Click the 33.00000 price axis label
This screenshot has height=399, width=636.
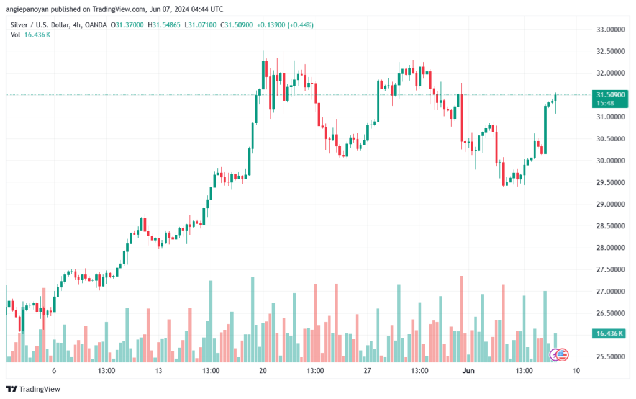[x=610, y=30]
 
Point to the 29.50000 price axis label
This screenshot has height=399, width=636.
[x=610, y=182]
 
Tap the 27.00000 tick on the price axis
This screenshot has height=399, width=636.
[x=610, y=292]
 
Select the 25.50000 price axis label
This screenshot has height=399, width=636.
[x=610, y=357]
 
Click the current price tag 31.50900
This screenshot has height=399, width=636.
[x=610, y=95]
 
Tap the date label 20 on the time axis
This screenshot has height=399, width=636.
[x=263, y=370]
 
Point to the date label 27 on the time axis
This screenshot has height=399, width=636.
[x=367, y=370]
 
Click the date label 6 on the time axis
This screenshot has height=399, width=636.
[x=54, y=370]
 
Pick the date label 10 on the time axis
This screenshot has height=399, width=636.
[x=576, y=370]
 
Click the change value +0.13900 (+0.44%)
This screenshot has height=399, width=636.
[x=288, y=25]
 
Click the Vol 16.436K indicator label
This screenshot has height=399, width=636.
[x=30, y=35]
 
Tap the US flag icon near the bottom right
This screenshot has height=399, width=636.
[x=561, y=354]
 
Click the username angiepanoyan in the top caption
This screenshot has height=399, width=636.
[x=32, y=9]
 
